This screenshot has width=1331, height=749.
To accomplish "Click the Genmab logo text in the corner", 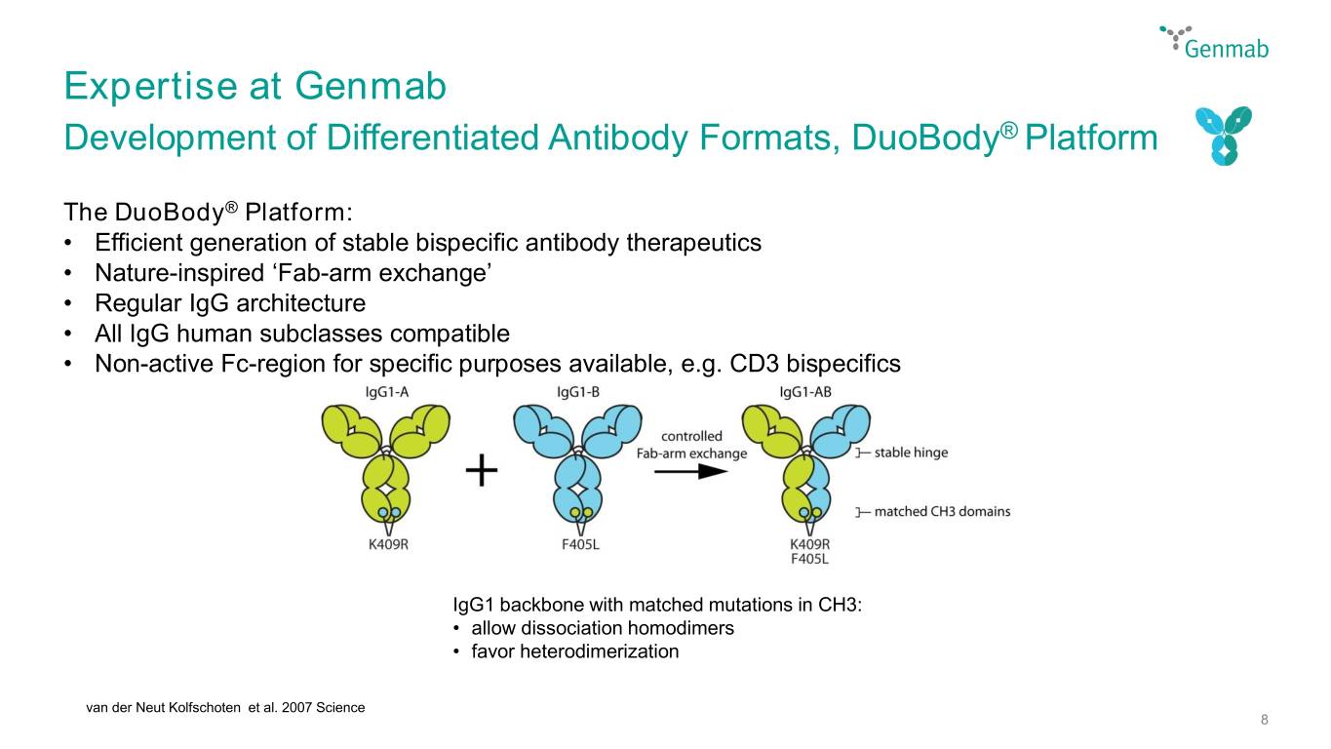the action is (x=1227, y=48).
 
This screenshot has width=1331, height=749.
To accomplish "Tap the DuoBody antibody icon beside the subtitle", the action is (x=1224, y=136).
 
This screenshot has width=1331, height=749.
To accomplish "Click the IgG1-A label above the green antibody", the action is (x=387, y=392).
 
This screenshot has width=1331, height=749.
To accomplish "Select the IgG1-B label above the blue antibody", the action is (x=578, y=392).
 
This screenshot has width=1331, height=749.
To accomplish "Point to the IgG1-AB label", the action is (x=805, y=392).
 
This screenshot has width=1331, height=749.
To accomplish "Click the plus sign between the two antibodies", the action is (x=482, y=471).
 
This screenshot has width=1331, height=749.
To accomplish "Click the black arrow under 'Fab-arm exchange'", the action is (x=690, y=471).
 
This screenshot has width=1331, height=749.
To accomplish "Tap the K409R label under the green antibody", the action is (x=389, y=544).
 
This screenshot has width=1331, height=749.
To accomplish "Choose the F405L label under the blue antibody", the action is (x=580, y=544).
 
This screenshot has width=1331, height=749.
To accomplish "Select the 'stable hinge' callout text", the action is (x=911, y=453).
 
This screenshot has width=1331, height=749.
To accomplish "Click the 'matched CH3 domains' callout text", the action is (x=942, y=511).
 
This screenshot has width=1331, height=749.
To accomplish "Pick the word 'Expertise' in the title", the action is (x=151, y=87).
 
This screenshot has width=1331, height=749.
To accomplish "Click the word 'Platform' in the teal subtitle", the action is (x=1091, y=138).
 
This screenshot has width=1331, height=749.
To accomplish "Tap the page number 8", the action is (x=1265, y=720).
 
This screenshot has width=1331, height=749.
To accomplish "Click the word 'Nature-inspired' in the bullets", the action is (x=179, y=273).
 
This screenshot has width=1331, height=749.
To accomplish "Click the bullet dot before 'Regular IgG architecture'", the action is (x=68, y=303).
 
